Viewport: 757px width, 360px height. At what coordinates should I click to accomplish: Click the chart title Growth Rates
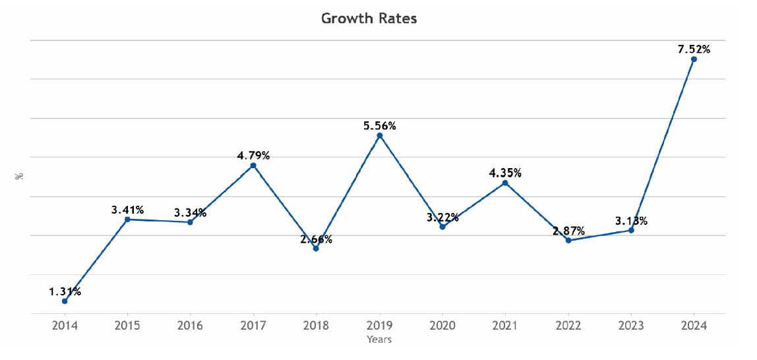click(369, 18)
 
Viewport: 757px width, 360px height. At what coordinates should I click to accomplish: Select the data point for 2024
click(694, 59)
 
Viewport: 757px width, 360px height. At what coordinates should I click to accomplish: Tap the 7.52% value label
click(694, 49)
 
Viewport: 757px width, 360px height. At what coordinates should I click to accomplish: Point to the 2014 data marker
click(65, 301)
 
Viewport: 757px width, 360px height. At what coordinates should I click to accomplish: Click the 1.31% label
click(65, 291)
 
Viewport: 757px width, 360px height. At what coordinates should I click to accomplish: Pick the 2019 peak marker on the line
click(379, 136)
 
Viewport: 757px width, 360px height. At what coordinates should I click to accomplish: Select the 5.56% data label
click(379, 126)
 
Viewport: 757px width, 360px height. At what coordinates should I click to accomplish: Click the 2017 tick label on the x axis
click(253, 326)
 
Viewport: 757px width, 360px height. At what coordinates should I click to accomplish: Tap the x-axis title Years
click(379, 340)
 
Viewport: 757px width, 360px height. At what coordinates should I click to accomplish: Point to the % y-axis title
click(20, 176)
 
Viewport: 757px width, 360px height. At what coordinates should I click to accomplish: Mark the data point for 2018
click(316, 249)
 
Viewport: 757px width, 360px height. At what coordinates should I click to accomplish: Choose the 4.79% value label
click(253, 156)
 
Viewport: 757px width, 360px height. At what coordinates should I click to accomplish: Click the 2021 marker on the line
click(505, 183)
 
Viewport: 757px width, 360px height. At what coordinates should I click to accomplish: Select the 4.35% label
click(505, 173)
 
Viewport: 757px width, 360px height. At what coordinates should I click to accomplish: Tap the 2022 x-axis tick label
click(568, 326)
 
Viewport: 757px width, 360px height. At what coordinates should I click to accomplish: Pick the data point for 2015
click(127, 219)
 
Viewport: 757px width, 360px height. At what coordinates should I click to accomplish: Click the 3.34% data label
click(190, 212)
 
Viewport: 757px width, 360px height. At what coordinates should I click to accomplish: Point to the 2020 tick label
click(442, 326)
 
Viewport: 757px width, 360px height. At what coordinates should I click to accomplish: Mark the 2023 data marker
click(631, 230)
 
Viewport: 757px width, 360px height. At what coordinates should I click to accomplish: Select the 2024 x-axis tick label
click(694, 326)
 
